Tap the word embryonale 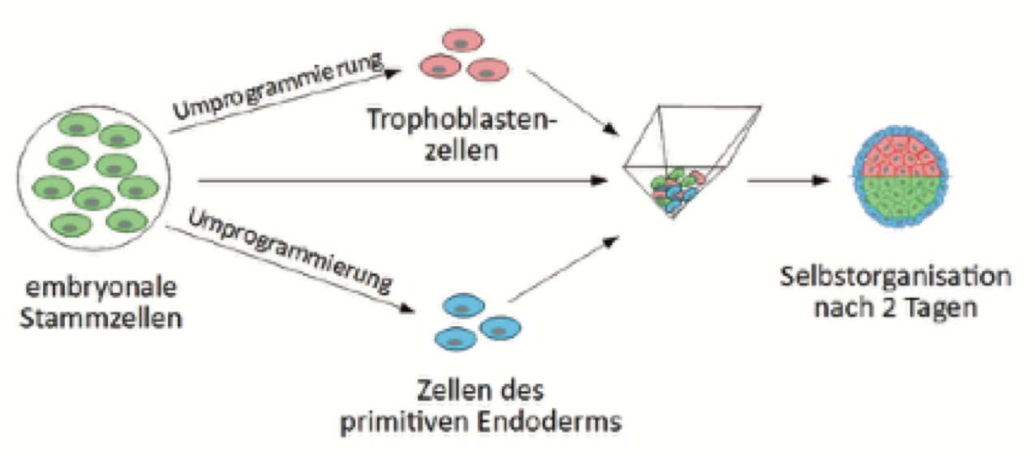[x=102, y=290]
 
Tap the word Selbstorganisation [x=895, y=276]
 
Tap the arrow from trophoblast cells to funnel [x=567, y=101]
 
